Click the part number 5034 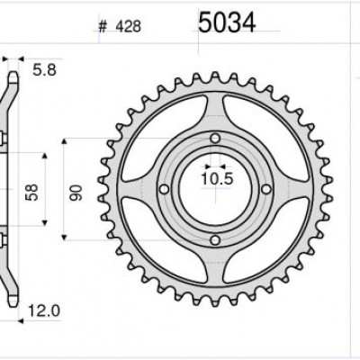click(x=226, y=23)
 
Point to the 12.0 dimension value click(x=42, y=310)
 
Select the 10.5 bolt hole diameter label click(x=215, y=179)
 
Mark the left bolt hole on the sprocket click(x=164, y=188)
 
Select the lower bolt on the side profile click(x=7, y=239)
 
